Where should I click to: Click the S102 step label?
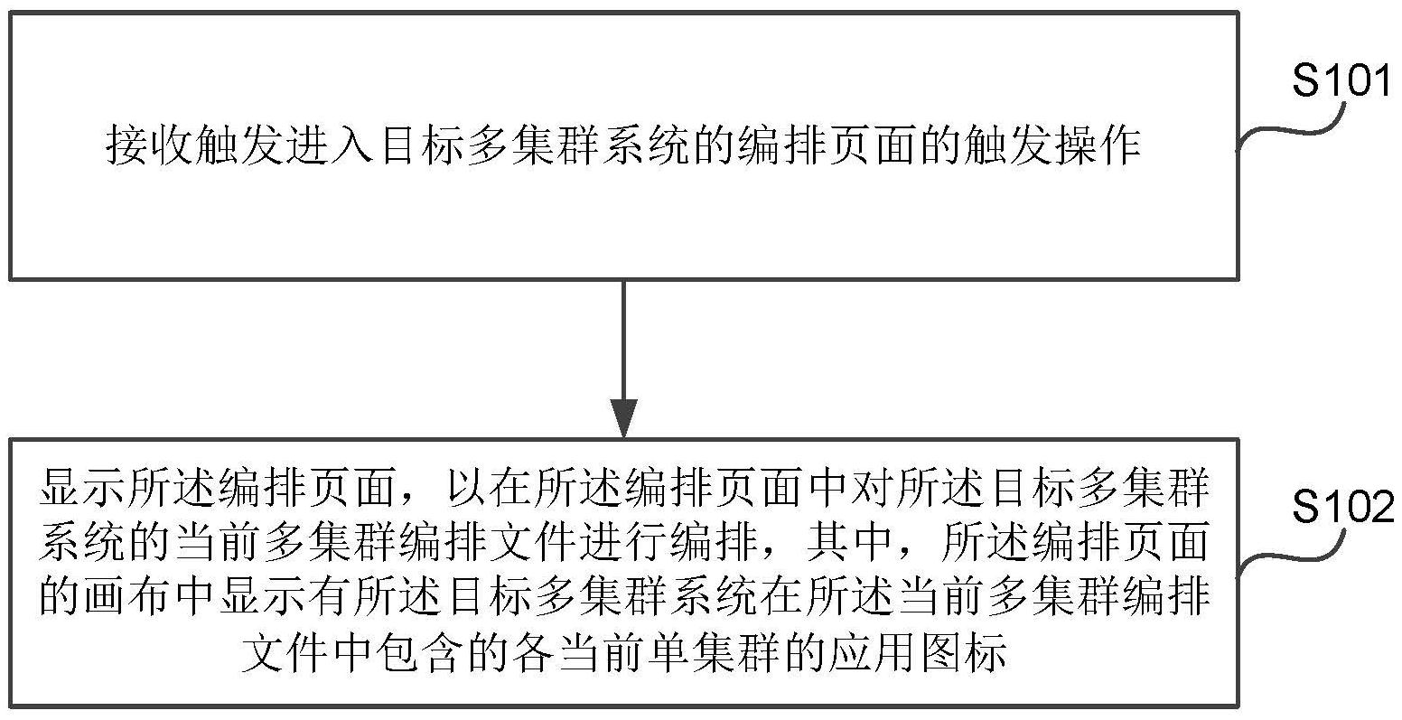[1343, 507]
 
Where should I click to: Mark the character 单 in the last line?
[624, 652]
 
